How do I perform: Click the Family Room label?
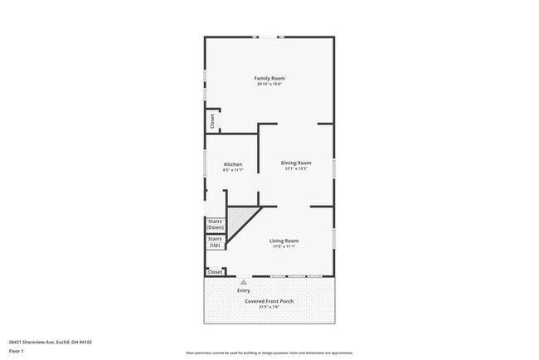pos(269,78)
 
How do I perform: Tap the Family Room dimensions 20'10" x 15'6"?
pos(269,84)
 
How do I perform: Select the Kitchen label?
pos(233,164)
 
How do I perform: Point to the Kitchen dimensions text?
pos(233,170)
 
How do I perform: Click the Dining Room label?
pos(296,163)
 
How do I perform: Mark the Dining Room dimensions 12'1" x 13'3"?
pos(296,169)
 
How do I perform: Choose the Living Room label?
pos(284,241)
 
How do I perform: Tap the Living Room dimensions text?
pos(284,246)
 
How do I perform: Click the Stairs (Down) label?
pos(216,224)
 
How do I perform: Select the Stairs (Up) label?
pos(216,242)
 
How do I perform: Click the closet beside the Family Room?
pos(212,120)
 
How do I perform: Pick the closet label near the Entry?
pos(215,271)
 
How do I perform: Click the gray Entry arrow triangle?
pos(244,282)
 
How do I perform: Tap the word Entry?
pos(244,290)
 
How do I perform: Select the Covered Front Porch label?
pos(269,300)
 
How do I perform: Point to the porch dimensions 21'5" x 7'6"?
pos(269,307)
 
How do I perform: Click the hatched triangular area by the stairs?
pos(240,220)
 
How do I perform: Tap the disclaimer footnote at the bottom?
pos(269,353)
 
